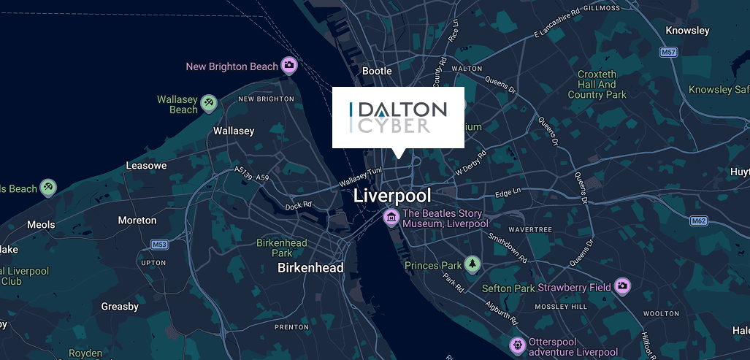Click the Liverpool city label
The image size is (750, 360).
pos(392,196)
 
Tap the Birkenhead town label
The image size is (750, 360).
pos(310,268)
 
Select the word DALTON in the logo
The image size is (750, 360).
pos(404,110)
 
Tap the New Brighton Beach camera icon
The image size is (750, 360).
pos(289,66)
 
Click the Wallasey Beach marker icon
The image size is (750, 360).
pos(208,101)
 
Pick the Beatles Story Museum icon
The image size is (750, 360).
pos(391,217)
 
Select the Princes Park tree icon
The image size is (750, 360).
pos(472,264)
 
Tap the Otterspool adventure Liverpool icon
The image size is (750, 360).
pos(518,344)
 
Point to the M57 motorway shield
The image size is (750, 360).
pos(667,53)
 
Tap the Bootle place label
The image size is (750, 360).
pos(378,71)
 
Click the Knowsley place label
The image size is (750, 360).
pos(688,31)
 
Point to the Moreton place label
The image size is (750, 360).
pos(137,220)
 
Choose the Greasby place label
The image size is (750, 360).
pos(120,306)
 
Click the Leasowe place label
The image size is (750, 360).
pos(146,166)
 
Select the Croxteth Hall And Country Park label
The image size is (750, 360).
pos(597,84)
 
